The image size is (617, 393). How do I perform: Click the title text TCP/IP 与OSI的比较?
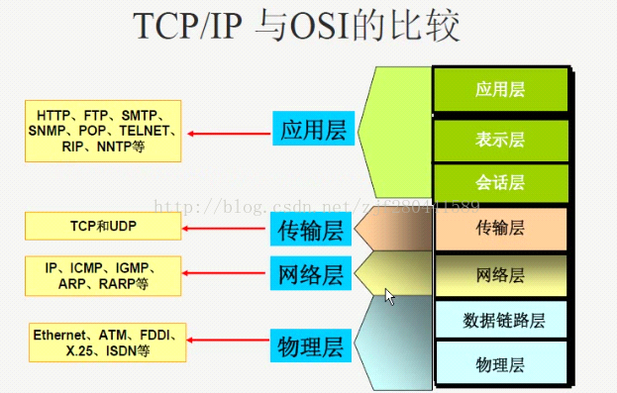click(x=297, y=27)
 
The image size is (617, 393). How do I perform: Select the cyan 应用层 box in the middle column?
click(x=313, y=130)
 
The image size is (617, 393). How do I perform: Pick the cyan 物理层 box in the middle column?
click(x=310, y=347)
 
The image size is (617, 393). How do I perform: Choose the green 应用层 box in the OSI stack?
click(x=500, y=89)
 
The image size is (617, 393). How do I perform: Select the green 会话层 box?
click(x=500, y=183)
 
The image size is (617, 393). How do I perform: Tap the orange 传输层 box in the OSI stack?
click(x=500, y=229)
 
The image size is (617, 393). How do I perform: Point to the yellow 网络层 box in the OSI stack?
click(x=500, y=274)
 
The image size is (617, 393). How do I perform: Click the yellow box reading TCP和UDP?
click(x=103, y=227)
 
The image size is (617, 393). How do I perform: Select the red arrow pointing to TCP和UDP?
click(x=226, y=229)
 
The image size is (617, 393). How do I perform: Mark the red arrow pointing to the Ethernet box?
click(x=226, y=342)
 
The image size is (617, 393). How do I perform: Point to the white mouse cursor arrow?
click(x=390, y=296)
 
